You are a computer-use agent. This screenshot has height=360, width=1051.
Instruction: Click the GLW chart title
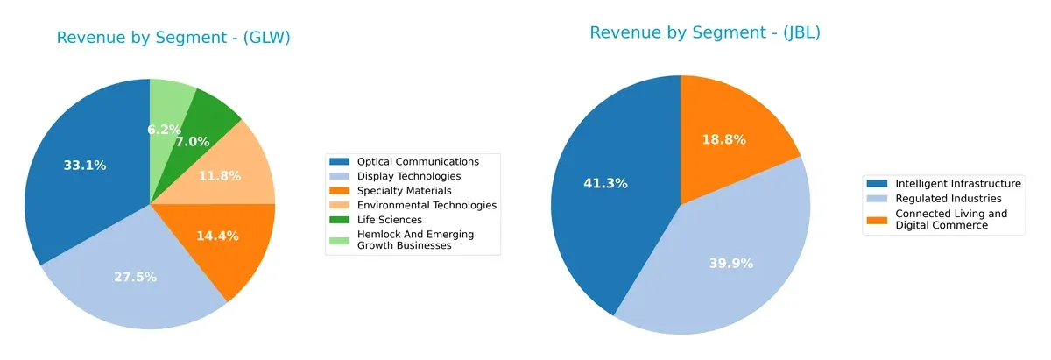[x=173, y=38]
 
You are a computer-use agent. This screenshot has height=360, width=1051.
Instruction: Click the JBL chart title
[x=704, y=33]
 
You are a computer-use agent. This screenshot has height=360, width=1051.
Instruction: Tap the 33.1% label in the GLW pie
[x=85, y=166]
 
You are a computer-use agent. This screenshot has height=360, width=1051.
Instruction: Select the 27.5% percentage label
[x=135, y=277]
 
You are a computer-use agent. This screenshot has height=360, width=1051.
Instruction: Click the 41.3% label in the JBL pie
[x=605, y=183]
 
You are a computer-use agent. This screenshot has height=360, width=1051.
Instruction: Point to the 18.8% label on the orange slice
[x=724, y=139]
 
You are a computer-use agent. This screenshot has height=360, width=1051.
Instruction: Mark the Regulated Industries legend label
[x=945, y=198]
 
